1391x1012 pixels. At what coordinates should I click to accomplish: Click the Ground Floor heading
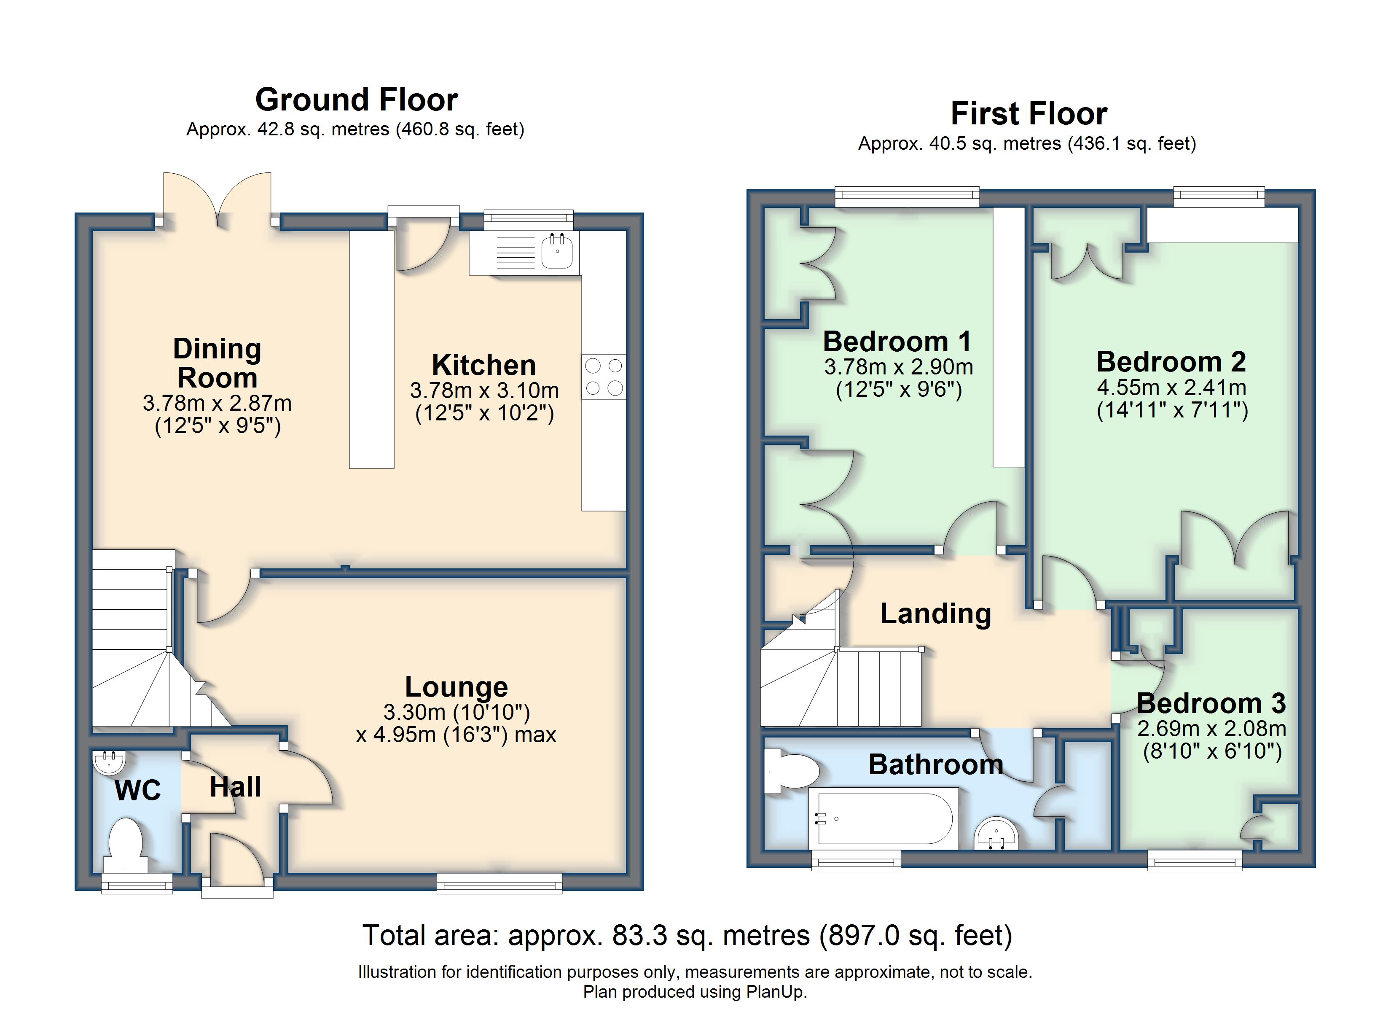pyautogui.click(x=356, y=100)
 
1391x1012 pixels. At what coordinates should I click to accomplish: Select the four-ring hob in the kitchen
pyautogui.click(x=604, y=377)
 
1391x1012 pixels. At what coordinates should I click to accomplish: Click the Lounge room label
pyautogui.click(x=457, y=687)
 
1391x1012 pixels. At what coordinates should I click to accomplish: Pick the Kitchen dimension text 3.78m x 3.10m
pyautogui.click(x=484, y=390)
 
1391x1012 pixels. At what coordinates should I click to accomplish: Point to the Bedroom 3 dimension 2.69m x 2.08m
pyautogui.click(x=1212, y=729)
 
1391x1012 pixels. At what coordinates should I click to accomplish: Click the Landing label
pyautogui.click(x=936, y=613)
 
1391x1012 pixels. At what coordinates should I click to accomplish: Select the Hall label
pyautogui.click(x=236, y=787)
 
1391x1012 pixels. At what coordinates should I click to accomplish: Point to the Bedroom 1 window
pyautogui.click(x=907, y=196)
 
